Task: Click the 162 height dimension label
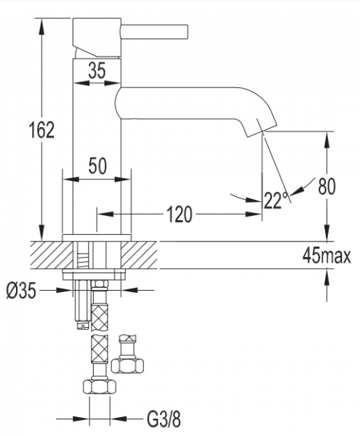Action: (41, 130)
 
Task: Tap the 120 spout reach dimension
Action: (180, 214)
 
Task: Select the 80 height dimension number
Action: (327, 186)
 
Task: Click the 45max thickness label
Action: (327, 255)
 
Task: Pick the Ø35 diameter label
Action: (21, 291)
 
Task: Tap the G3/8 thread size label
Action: (164, 419)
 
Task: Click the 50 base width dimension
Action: (97, 166)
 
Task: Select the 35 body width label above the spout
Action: (97, 70)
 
